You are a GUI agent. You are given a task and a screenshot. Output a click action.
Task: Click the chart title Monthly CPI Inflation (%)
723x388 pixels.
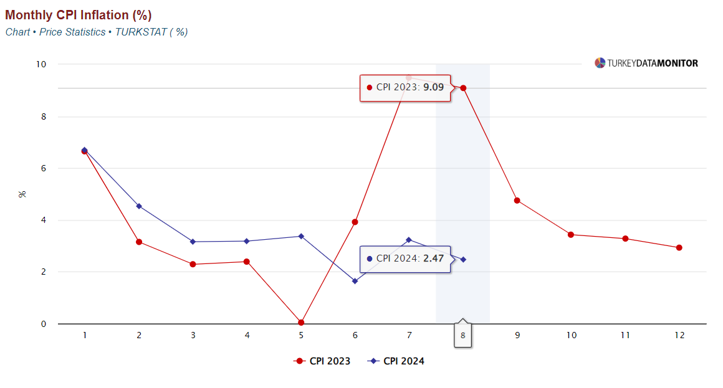click(x=79, y=16)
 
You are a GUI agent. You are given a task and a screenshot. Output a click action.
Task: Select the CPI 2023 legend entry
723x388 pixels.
click(x=322, y=361)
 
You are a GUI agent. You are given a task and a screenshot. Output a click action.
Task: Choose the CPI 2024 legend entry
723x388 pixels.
click(x=396, y=361)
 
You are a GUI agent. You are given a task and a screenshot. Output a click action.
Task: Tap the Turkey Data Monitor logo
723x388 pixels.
click(x=646, y=63)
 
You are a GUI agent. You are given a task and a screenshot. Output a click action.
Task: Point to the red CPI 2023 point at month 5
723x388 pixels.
click(x=301, y=323)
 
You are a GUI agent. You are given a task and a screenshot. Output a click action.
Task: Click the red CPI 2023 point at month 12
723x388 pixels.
click(x=679, y=248)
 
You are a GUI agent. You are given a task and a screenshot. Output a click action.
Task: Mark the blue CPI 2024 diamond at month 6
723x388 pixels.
click(x=355, y=281)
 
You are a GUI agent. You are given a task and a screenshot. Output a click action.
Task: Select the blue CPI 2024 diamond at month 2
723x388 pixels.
click(x=138, y=206)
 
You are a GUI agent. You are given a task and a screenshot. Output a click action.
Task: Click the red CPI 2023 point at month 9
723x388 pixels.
click(x=517, y=201)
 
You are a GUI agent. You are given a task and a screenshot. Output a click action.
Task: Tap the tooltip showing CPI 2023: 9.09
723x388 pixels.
click(x=405, y=88)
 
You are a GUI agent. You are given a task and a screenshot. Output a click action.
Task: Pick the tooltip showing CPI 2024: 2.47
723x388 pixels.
click(x=405, y=258)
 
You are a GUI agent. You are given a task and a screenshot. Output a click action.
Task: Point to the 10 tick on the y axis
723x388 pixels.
click(x=42, y=64)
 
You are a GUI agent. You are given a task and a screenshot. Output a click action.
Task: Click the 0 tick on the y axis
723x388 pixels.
click(x=44, y=324)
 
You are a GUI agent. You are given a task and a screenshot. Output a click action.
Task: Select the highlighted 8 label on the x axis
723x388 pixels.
click(x=463, y=335)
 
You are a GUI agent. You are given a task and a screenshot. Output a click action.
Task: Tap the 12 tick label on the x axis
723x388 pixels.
click(x=679, y=335)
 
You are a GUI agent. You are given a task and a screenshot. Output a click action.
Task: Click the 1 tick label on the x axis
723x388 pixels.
click(x=85, y=335)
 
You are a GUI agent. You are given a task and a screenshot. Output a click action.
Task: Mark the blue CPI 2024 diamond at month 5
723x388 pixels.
click(x=301, y=236)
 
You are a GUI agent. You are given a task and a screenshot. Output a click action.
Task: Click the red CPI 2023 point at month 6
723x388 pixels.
click(x=355, y=222)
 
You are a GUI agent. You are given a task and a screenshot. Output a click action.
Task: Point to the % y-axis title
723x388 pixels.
click(x=22, y=194)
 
